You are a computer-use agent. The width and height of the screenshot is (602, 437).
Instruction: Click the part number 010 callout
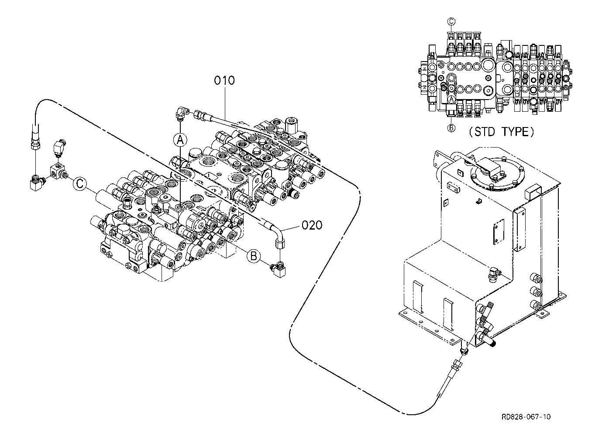pyautogui.click(x=224, y=80)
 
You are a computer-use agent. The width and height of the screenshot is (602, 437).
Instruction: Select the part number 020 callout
pyautogui.click(x=312, y=225)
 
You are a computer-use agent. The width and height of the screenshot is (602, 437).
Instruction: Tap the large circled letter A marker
pyautogui.click(x=180, y=140)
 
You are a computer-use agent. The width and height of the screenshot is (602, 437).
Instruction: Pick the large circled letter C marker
pyautogui.click(x=80, y=184)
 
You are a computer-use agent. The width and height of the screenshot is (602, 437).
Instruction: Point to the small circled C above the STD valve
pyautogui.click(x=451, y=21)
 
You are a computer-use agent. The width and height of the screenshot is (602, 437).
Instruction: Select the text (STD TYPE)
pyautogui.click(x=501, y=132)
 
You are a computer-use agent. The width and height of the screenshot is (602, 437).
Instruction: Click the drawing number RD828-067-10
pyautogui.click(x=526, y=417)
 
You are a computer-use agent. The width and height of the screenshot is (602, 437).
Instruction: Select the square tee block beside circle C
pyautogui.click(x=57, y=171)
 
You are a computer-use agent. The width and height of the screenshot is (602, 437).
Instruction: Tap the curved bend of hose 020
pyautogui.click(x=277, y=233)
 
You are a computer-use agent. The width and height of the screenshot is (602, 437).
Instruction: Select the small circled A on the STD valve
pyautogui.click(x=451, y=100)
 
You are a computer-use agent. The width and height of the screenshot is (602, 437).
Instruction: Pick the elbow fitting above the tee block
pyautogui.click(x=58, y=148)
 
